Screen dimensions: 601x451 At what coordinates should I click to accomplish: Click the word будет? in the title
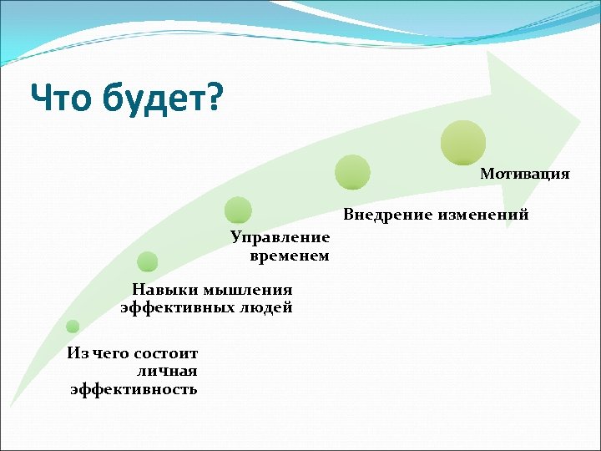tap(164, 99)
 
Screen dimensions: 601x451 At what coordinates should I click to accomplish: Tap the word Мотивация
tap(525, 174)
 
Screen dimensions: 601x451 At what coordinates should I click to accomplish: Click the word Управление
tap(280, 238)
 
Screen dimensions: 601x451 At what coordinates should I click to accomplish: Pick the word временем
tap(290, 256)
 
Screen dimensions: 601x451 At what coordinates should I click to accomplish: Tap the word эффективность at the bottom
tap(134, 388)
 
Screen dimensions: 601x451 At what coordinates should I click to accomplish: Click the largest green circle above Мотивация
tap(463, 142)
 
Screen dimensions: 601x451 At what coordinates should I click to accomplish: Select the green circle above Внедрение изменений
tap(352, 171)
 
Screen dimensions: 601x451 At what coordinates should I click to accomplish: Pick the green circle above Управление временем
tap(239, 210)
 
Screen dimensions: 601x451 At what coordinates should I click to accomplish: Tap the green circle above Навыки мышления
tap(148, 262)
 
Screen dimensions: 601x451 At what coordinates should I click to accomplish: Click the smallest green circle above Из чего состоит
tap(73, 327)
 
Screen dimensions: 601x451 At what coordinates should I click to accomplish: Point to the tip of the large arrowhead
tap(580, 117)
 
